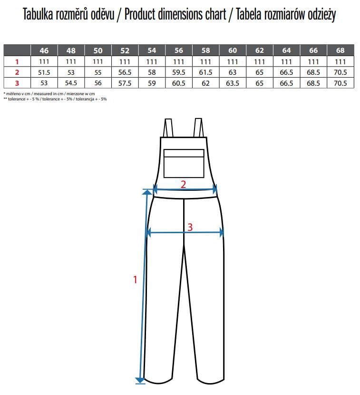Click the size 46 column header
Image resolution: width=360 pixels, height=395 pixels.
[44, 50]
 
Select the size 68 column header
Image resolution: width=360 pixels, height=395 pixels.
[340, 50]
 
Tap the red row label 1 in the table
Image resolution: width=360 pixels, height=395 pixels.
[17, 61]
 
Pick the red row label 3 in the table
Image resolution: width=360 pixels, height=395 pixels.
[17, 83]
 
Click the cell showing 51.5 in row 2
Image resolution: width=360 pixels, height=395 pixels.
[44, 72]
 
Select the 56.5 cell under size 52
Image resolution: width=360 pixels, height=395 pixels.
[125, 72]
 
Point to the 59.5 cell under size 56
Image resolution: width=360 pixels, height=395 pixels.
[179, 72]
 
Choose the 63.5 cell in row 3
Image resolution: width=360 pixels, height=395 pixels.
[233, 83]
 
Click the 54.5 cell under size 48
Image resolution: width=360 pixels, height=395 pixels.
[71, 83]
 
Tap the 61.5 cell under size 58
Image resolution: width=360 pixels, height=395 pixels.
[205, 72]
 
